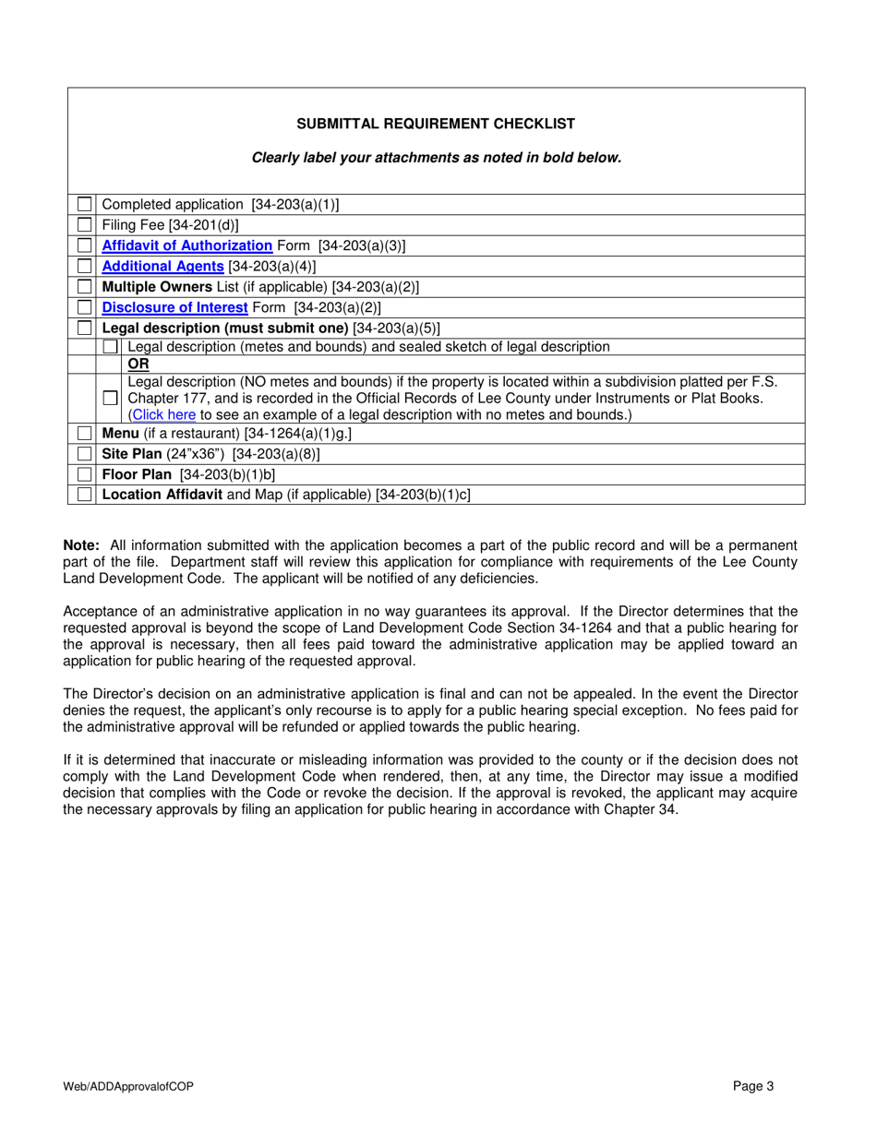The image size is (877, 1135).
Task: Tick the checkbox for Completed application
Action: coord(85,204)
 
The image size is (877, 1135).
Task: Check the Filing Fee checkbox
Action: coord(85,225)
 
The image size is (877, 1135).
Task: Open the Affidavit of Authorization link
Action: coord(186,245)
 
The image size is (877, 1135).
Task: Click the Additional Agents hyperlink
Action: coord(162,266)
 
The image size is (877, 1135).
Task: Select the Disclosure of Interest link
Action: coord(174,307)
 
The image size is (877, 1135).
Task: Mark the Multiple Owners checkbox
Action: coord(85,287)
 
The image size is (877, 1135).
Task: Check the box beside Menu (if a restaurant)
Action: coord(85,434)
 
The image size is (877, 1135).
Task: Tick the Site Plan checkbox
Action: coord(85,455)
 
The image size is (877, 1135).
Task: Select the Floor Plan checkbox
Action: coord(85,475)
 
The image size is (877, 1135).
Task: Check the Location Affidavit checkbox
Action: coord(85,496)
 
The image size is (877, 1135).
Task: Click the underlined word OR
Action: coord(138,364)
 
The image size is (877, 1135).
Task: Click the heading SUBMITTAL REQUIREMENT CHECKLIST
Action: coord(436,124)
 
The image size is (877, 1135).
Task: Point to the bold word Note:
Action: coord(81,545)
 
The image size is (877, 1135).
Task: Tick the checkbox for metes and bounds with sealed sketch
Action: coord(111,347)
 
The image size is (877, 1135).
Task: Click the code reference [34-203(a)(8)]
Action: coord(276,455)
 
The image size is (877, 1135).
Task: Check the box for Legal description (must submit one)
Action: coord(85,328)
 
